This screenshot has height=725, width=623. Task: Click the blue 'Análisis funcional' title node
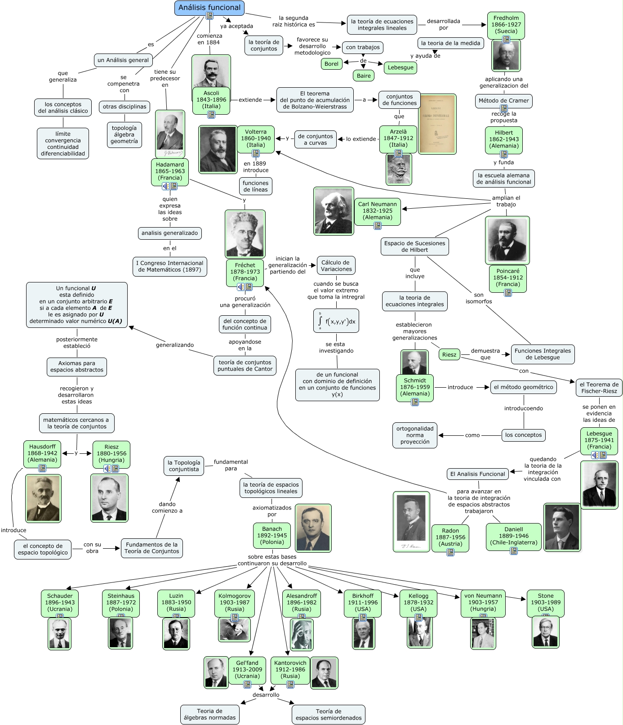pyautogui.click(x=209, y=8)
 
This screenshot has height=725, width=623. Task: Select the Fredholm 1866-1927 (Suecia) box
pyautogui.click(x=506, y=25)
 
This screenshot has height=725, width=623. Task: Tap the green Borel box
pyautogui.click(x=331, y=64)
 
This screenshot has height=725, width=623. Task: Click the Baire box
pyautogui.click(x=364, y=76)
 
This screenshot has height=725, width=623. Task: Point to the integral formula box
pyautogui.click(x=336, y=321)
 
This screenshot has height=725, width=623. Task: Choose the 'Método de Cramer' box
pyautogui.click(x=503, y=101)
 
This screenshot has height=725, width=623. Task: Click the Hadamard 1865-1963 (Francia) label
pyautogui.click(x=170, y=171)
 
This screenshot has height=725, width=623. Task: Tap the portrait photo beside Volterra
pyautogui.click(x=218, y=149)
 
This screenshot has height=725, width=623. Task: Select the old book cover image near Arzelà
pyautogui.click(x=437, y=124)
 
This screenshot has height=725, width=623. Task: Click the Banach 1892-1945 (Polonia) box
pyautogui.click(x=272, y=536)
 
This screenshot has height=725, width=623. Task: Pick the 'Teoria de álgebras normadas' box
pyautogui.click(x=209, y=714)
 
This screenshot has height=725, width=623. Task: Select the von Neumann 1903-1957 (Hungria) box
pyautogui.click(x=483, y=602)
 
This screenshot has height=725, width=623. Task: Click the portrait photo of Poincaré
pyautogui.click(x=507, y=240)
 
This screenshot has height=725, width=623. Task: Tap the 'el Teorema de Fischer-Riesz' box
pyautogui.click(x=599, y=388)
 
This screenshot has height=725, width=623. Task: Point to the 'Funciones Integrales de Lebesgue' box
pyautogui.click(x=543, y=354)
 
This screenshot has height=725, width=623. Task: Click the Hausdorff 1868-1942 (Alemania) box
pyautogui.click(x=42, y=453)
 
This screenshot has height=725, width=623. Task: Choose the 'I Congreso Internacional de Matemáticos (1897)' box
pyautogui.click(x=169, y=266)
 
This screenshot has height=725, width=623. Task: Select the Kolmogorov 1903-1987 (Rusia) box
pyautogui.click(x=235, y=602)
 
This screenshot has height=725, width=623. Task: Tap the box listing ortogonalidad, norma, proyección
pyautogui.click(x=415, y=435)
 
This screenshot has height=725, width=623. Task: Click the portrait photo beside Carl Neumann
pyautogui.click(x=334, y=211)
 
